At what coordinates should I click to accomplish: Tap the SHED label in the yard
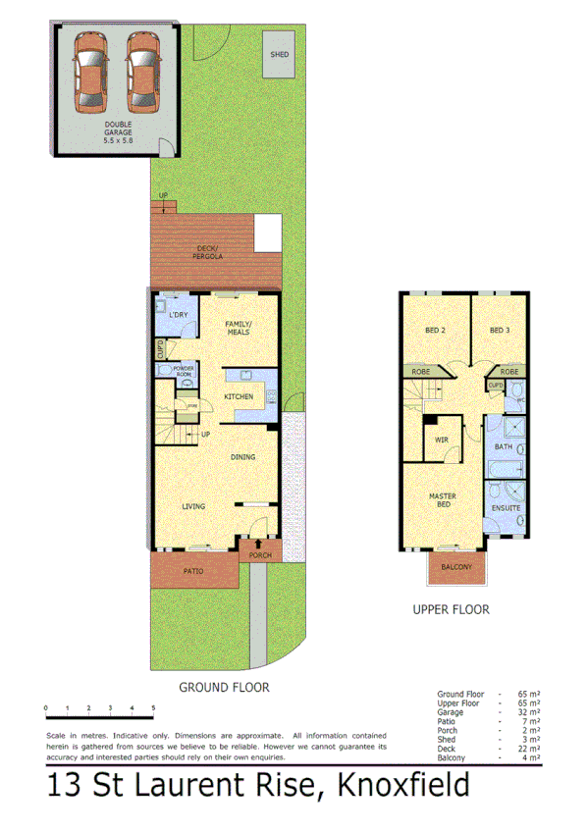pos(280,56)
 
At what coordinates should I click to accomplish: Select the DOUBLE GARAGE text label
pos(120,132)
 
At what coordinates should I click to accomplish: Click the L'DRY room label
pos(178,315)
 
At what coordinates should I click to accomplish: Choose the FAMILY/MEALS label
pos(238,328)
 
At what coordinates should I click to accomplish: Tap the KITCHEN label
pos(239,396)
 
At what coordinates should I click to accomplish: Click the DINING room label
pos(243,457)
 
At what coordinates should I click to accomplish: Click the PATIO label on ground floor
pos(192,570)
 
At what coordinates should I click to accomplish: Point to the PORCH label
pos(259,556)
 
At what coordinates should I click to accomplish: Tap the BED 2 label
pos(435,330)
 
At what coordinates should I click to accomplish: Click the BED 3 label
pos(502,330)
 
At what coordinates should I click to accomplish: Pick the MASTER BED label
pos(442,499)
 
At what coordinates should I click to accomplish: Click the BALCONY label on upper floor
pos(456,567)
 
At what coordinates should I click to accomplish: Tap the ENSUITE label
pos(506,508)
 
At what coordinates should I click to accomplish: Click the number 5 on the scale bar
pos(153,707)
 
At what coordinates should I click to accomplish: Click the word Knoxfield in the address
pos(402,786)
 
